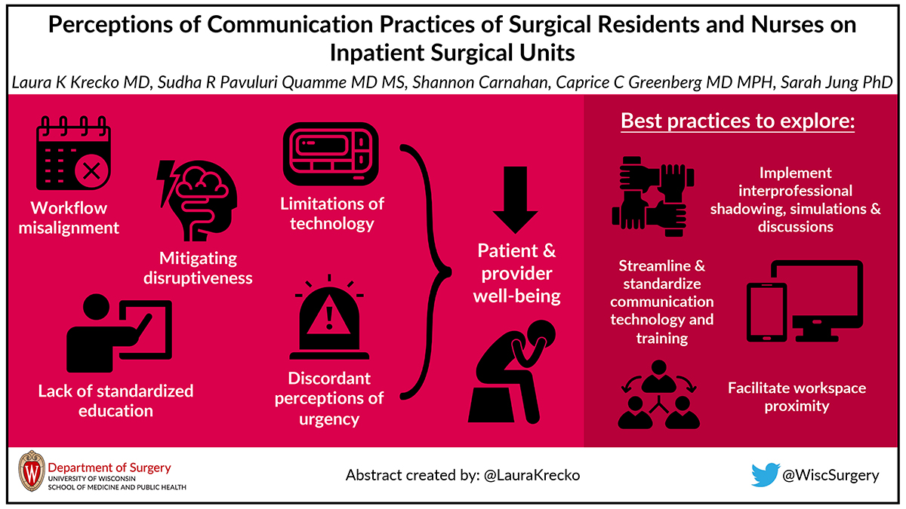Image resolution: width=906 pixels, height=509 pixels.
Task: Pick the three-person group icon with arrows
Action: pyautogui.click(x=654, y=395)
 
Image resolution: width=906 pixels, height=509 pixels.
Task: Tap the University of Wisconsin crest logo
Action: pyautogui.click(x=32, y=472)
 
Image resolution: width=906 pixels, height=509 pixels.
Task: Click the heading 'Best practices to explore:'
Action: pyautogui.click(x=737, y=121)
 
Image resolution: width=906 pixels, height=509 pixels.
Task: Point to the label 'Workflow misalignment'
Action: pyautogui.click(x=75, y=217)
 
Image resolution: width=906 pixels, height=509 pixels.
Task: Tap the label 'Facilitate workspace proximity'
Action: pyautogui.click(x=797, y=397)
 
